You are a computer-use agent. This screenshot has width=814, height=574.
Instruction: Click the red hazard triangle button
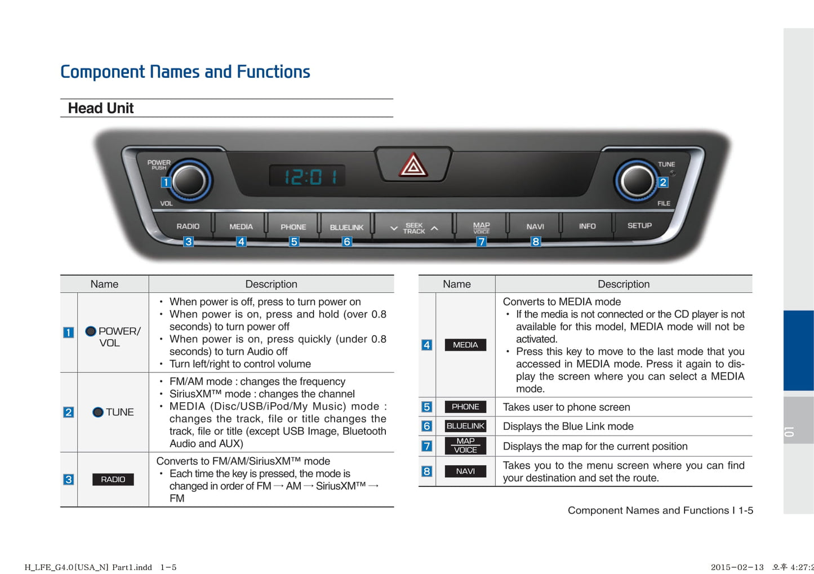pyautogui.click(x=413, y=164)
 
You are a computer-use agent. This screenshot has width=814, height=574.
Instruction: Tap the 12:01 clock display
pyautogui.click(x=308, y=176)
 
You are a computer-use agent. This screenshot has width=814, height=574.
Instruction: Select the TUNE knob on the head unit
pyautogui.click(x=637, y=181)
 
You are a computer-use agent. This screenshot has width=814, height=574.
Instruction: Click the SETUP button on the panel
pyautogui.click(x=639, y=226)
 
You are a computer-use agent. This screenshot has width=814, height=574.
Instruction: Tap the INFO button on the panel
pyautogui.click(x=587, y=226)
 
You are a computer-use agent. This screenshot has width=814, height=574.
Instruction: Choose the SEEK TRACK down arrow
pyautogui.click(x=394, y=229)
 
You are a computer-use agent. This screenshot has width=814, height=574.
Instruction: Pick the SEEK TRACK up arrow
pyautogui.click(x=434, y=229)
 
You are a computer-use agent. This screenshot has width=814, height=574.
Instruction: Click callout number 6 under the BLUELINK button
pyautogui.click(x=346, y=242)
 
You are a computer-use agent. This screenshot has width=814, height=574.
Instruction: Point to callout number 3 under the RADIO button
pyautogui.click(x=188, y=242)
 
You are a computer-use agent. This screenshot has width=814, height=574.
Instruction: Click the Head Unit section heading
pyautogui.click(x=101, y=108)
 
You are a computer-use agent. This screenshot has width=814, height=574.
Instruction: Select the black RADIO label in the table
pyautogui.click(x=113, y=479)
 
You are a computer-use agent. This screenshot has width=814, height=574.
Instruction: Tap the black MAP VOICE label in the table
pyautogui.click(x=465, y=446)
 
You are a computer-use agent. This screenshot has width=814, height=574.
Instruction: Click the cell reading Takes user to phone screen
pyautogui.click(x=566, y=407)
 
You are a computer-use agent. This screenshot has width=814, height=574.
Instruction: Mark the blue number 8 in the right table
pyautogui.click(x=426, y=471)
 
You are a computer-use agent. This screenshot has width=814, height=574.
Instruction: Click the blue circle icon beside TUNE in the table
pyautogui.click(x=98, y=412)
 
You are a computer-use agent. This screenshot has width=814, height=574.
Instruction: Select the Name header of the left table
pyautogui.click(x=104, y=284)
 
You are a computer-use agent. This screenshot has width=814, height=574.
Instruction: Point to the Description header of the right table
pyautogui.click(x=624, y=284)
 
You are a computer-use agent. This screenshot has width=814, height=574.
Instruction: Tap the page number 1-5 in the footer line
pyautogui.click(x=745, y=510)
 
